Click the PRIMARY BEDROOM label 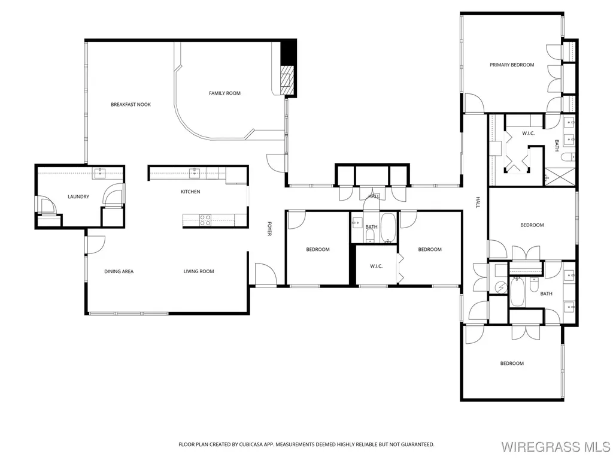512,65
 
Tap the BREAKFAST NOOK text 131,105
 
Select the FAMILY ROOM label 224,93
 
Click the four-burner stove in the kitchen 205,220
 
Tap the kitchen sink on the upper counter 194,174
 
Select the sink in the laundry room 99,174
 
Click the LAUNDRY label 78,196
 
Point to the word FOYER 269,229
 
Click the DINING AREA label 119,271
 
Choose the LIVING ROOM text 199,271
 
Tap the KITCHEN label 190,192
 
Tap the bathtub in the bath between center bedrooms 388,228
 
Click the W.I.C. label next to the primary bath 528,133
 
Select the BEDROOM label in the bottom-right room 512,363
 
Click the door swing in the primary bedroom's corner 473,103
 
